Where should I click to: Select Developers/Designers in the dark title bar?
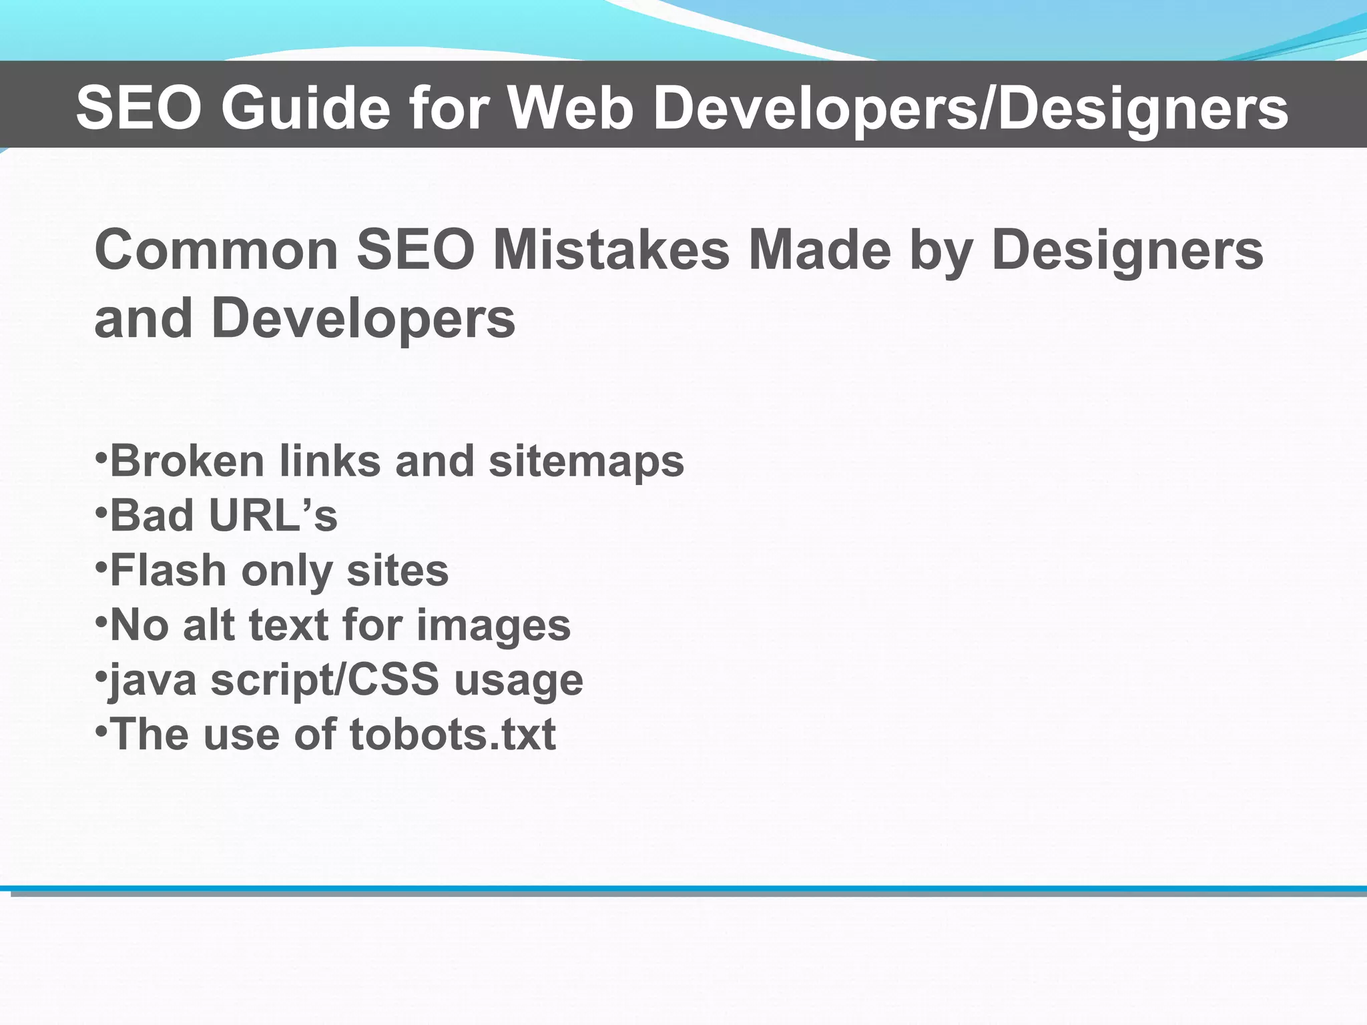tap(971, 108)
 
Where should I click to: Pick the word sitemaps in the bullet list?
tap(586, 462)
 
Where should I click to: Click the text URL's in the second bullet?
tap(273, 516)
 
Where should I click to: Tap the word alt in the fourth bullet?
tap(208, 625)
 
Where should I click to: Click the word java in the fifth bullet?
tap(153, 681)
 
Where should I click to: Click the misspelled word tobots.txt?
tap(453, 735)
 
